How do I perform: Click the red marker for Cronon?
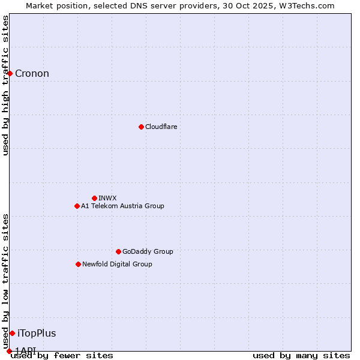pos(10,73)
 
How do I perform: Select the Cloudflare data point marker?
pos(141,127)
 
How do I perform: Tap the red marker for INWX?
pos(94,198)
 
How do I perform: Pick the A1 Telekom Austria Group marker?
pos(77,206)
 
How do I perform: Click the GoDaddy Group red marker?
pos(118,251)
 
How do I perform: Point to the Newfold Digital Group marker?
pos(78,264)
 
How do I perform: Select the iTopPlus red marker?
pos(12,333)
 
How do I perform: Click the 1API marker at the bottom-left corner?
pos(9,350)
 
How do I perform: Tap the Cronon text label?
pos(32,74)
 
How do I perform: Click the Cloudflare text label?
pos(161,127)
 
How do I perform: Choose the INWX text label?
pos(107,198)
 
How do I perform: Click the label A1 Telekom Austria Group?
pos(122,206)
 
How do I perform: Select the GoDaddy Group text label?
pos(148,251)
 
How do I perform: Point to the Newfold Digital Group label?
pos(117,264)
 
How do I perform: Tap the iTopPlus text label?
pos(37,334)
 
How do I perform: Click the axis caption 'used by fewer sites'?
pos(62,356)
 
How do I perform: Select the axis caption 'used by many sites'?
pos(301,356)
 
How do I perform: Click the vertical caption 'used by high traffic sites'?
pos(5,85)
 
